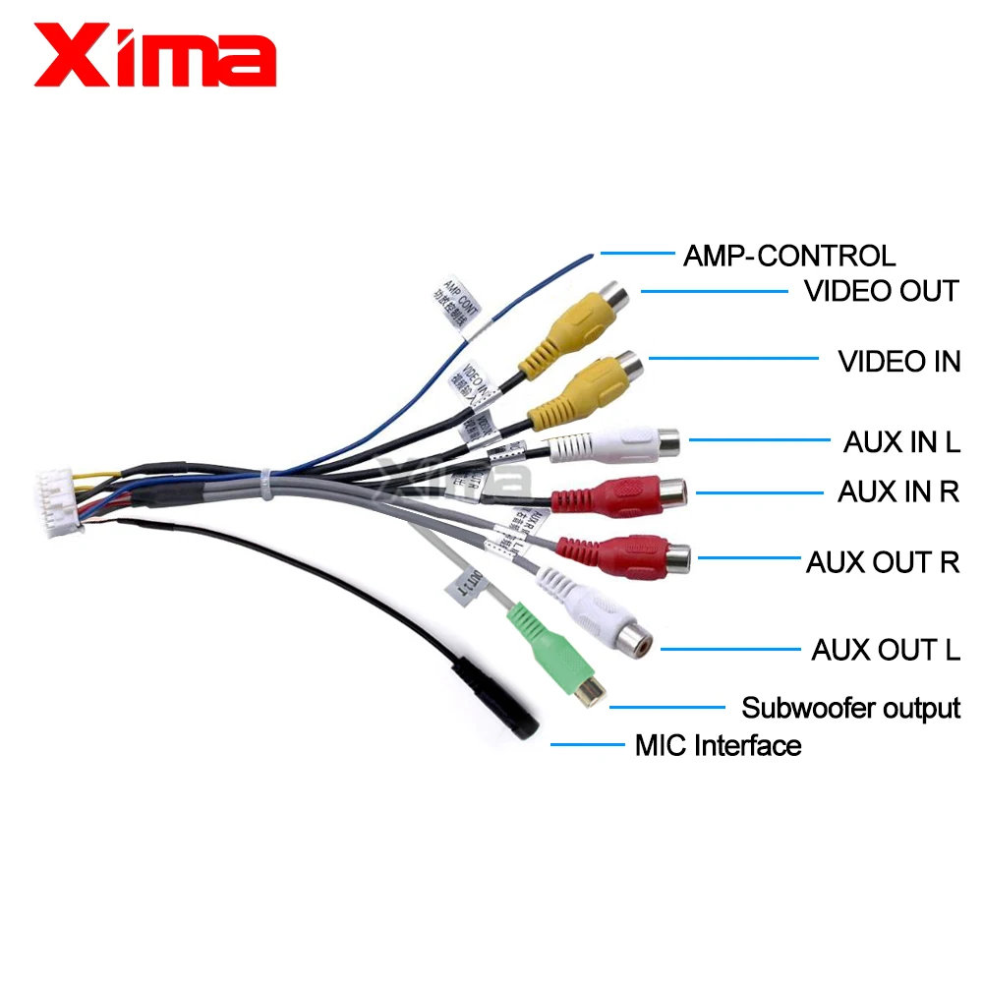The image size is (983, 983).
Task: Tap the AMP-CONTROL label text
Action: point(789,256)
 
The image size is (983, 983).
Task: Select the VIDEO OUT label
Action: point(881,291)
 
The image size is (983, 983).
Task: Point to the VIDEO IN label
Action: point(898,361)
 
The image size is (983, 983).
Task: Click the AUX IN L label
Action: point(900,441)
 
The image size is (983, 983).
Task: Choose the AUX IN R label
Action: point(897,491)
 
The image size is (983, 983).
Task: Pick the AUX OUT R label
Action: point(882,562)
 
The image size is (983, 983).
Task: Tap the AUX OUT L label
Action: point(885,650)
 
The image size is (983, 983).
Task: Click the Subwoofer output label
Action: point(850,707)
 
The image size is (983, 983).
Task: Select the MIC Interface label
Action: point(718,745)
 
